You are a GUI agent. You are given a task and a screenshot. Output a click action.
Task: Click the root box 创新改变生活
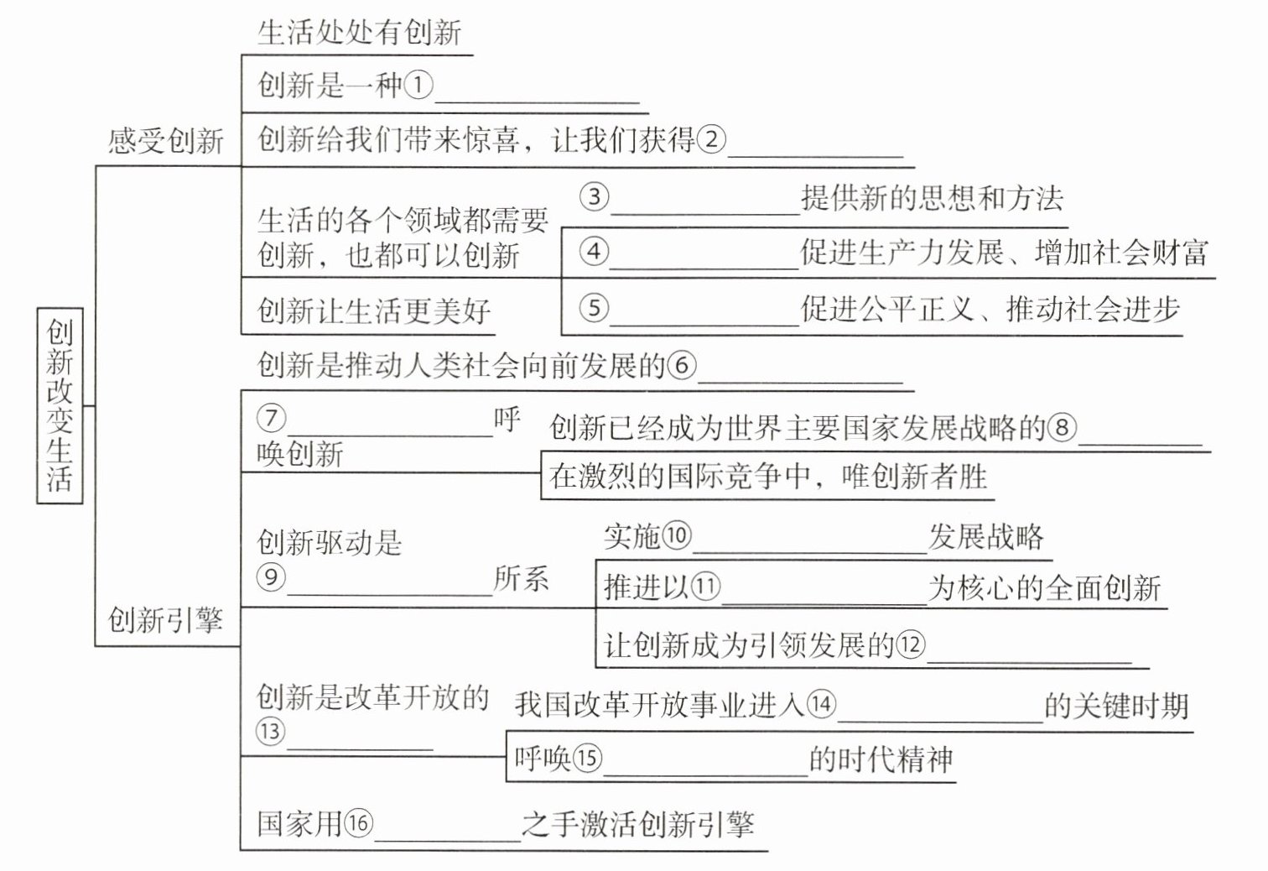[60, 405]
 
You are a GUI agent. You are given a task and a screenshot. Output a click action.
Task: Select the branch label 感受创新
[166, 140]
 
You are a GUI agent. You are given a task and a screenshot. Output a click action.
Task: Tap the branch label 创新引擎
[165, 621]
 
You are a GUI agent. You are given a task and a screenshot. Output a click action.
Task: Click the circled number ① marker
[418, 85]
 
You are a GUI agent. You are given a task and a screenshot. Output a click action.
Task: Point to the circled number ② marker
[710, 139]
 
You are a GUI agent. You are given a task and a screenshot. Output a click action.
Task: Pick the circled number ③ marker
[594, 197]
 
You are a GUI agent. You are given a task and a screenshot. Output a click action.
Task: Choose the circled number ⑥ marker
[682, 365]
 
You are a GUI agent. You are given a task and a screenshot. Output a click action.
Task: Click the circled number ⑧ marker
[1062, 428]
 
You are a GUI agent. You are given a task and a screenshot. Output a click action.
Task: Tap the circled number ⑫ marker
[910, 644]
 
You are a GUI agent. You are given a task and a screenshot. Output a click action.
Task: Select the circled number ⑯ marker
[358, 822]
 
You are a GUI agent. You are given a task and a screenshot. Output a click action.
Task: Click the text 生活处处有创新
[359, 33]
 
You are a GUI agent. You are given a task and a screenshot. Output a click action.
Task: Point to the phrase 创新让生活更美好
[374, 311]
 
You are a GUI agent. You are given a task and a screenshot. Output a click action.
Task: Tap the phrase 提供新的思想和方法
[932, 199]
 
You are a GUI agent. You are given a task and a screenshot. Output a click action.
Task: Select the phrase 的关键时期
[1116, 707]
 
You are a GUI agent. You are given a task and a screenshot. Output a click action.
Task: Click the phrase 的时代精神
[881, 760]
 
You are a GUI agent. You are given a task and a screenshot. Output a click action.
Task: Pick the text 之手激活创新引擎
[637, 824]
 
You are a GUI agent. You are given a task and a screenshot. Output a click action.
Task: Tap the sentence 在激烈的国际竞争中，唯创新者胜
[768, 477]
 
